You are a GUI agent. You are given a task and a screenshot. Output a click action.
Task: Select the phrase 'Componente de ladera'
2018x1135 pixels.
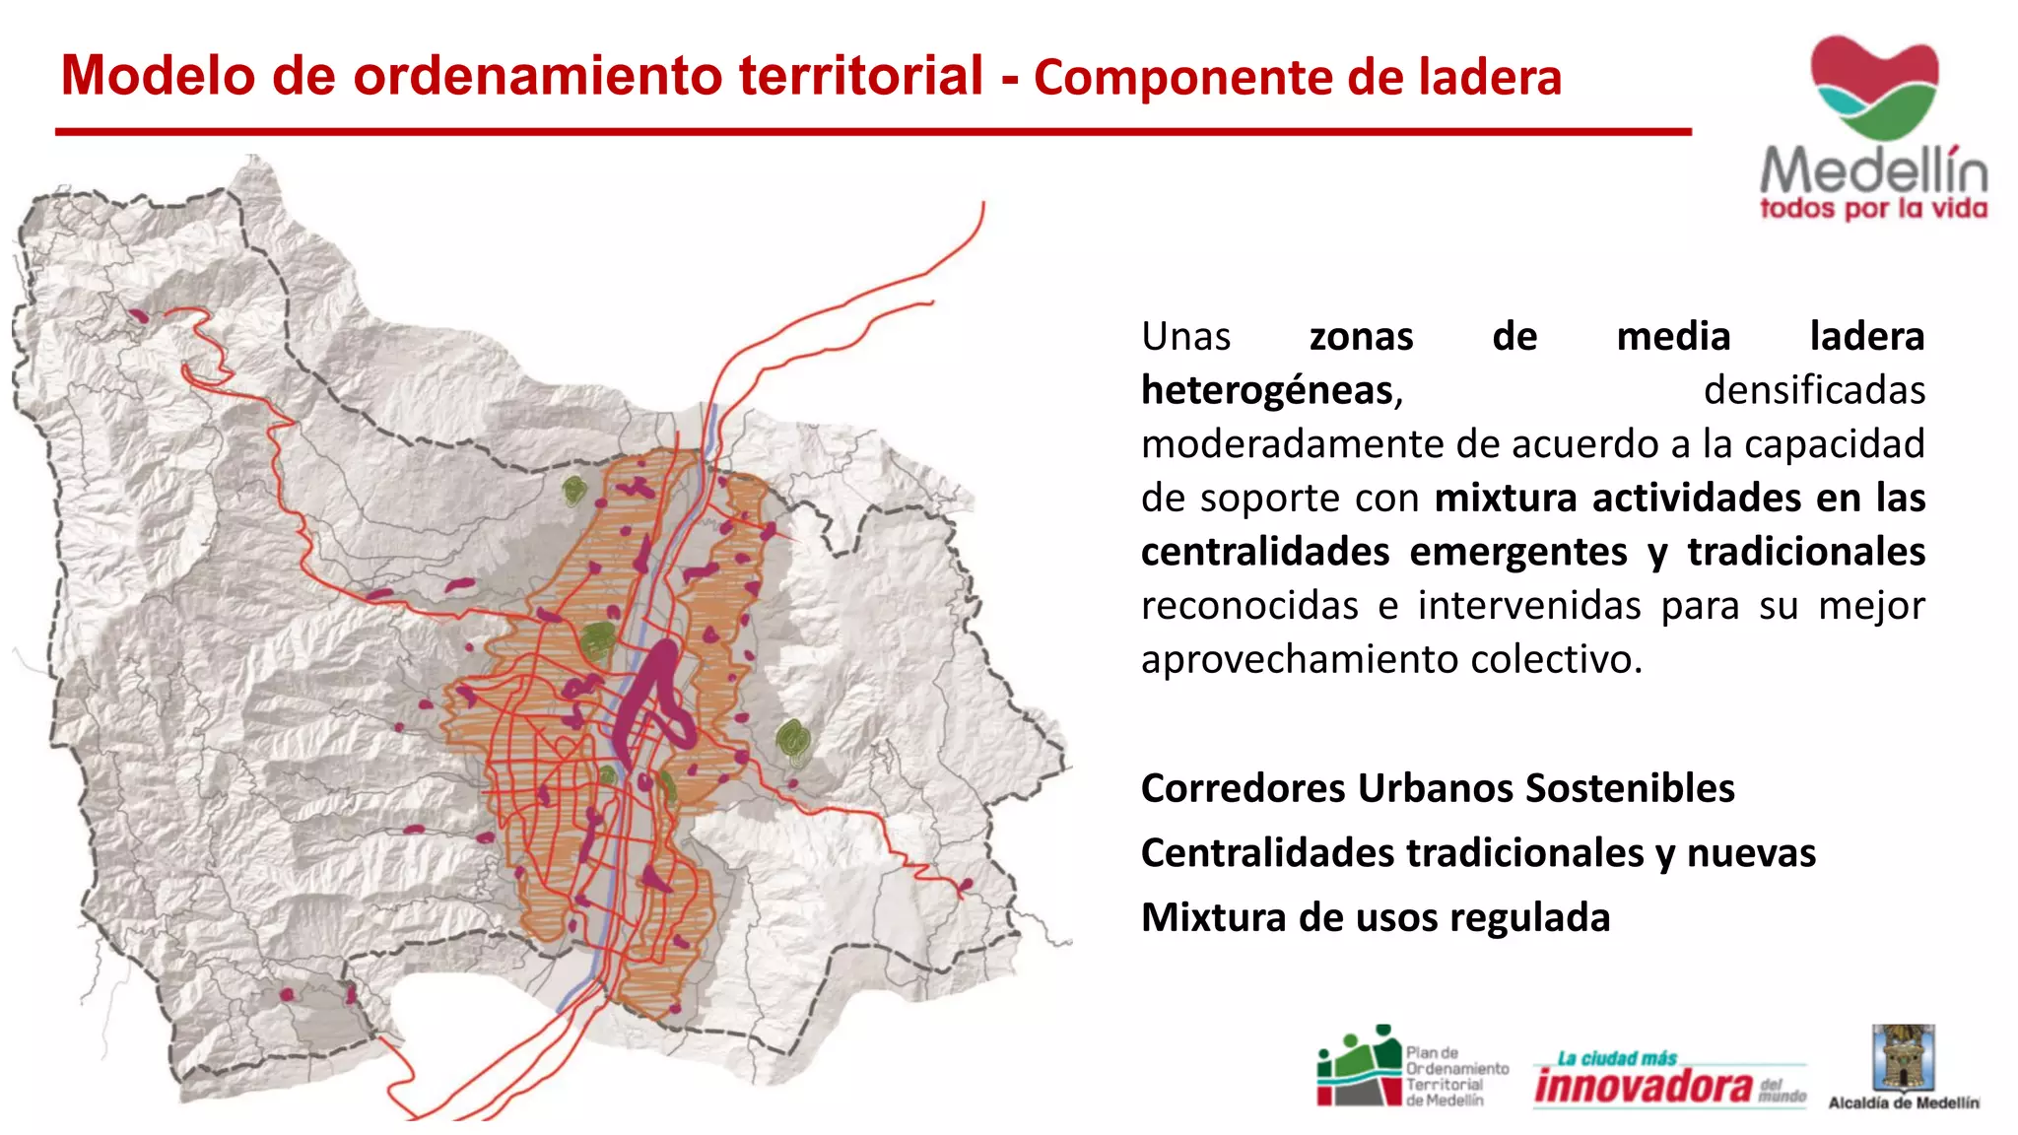1298,78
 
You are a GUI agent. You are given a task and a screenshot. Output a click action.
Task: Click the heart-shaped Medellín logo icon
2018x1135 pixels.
1874,87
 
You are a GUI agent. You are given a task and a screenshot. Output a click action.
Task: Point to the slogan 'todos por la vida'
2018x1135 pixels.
1873,209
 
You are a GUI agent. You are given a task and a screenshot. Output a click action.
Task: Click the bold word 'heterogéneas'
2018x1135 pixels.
1267,390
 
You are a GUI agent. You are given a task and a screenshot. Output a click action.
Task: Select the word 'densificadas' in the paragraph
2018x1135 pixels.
1814,390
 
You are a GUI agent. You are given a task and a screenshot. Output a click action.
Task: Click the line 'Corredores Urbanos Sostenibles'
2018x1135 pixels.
1438,788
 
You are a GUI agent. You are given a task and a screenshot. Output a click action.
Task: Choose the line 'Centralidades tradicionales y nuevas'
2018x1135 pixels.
1478,853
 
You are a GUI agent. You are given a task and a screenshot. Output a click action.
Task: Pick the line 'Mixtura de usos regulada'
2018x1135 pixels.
1376,917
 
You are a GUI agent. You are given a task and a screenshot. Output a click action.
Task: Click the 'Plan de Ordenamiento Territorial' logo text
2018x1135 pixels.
1456,1077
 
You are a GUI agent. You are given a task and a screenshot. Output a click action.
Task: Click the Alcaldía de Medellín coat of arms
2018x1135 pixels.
1903,1058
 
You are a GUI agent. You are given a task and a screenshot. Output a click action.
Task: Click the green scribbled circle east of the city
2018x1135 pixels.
793,742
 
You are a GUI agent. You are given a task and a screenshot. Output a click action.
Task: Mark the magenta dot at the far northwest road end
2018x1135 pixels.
139,316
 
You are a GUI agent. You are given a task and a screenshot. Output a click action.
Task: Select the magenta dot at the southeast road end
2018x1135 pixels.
966,885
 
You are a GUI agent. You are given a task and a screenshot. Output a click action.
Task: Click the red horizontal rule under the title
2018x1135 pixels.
873,131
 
